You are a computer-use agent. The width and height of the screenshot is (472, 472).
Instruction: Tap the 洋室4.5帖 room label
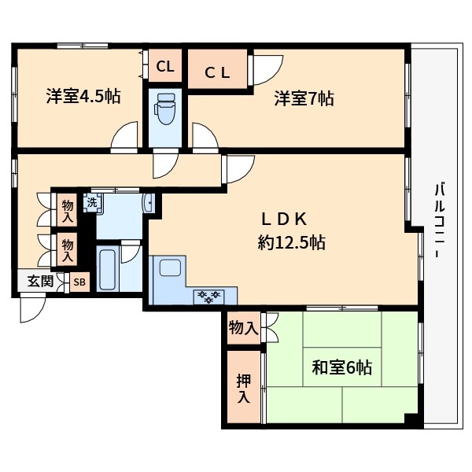(x=83, y=98)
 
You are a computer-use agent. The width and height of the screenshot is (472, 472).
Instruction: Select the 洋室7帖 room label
(x=304, y=98)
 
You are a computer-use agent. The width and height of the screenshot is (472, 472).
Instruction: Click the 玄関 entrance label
(x=40, y=281)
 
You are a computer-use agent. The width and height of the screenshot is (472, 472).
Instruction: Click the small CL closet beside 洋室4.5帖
(x=164, y=67)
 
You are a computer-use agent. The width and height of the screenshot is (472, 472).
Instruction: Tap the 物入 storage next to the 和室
(x=242, y=326)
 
